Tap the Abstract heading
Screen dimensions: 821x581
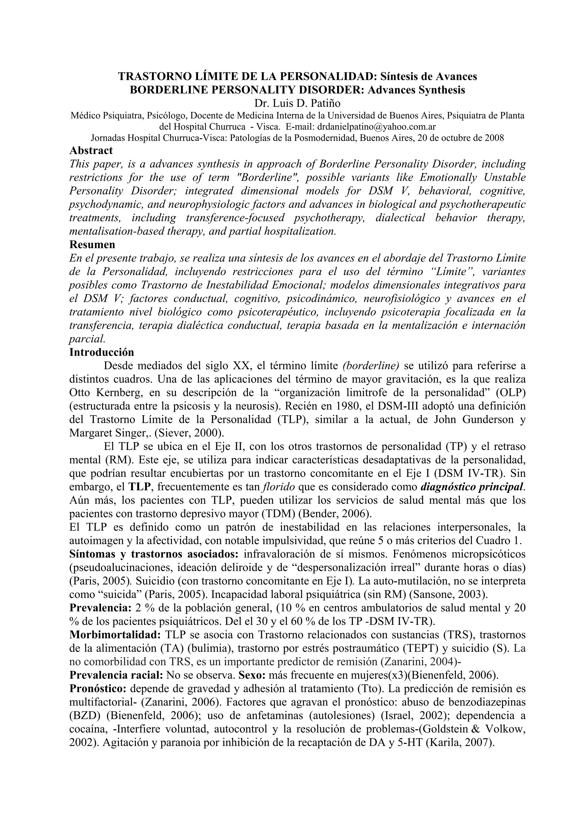(91, 150)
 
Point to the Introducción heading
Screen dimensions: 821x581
(102, 352)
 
